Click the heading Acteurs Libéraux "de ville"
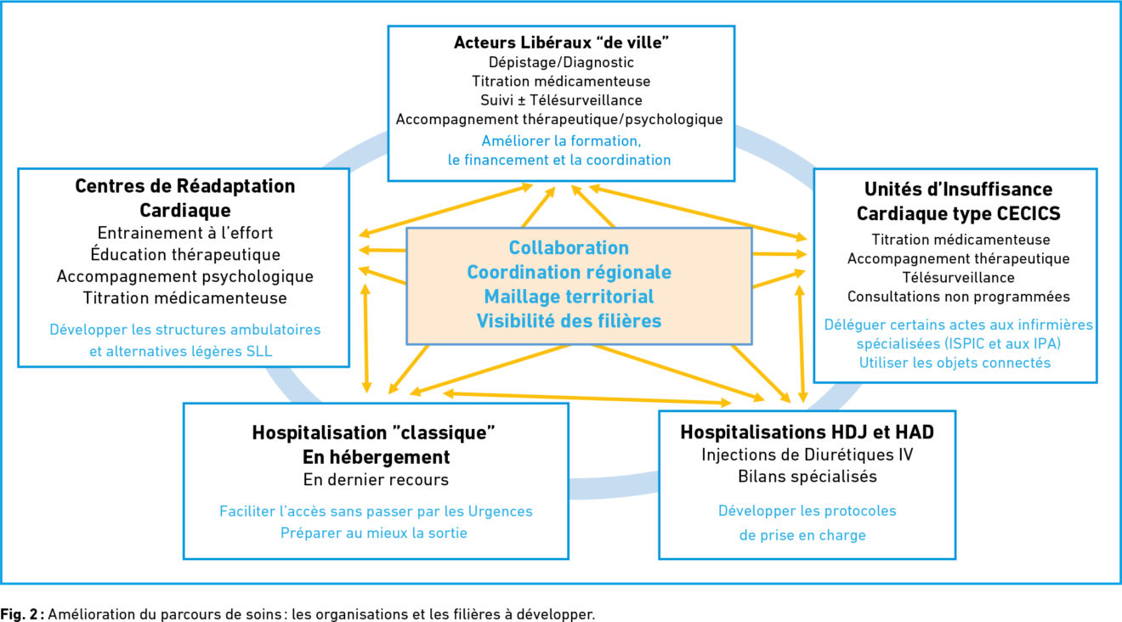pos(561,42)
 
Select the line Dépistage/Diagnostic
pos(561,62)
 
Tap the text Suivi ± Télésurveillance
pos(561,100)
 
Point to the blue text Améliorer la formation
pos(561,141)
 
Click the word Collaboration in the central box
pos(569,247)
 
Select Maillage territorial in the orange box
pos(569,297)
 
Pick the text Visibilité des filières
pos(569,321)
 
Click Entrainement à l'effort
pos(184,233)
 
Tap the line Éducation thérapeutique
pos(184,254)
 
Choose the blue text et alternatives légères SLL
pos(181,351)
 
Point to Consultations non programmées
pos(959,297)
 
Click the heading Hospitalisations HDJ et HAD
pos(807,433)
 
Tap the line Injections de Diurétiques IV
pos(807,455)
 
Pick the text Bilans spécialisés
pos(807,476)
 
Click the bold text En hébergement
pos(377,457)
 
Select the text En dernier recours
pos(377,480)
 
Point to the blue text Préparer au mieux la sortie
pos(374,533)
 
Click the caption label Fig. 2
pos(19,614)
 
